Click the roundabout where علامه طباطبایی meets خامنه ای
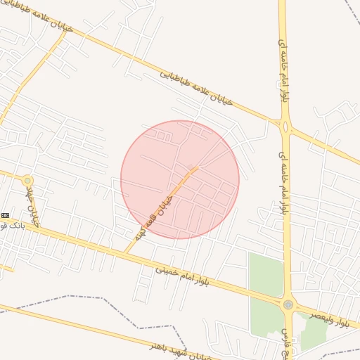click(285, 127)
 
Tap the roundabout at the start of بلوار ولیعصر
click(288, 304)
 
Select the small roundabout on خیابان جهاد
click(27, 181)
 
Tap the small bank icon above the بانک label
click(6, 214)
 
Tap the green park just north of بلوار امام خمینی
click(266, 274)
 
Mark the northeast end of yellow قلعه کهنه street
click(198, 167)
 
